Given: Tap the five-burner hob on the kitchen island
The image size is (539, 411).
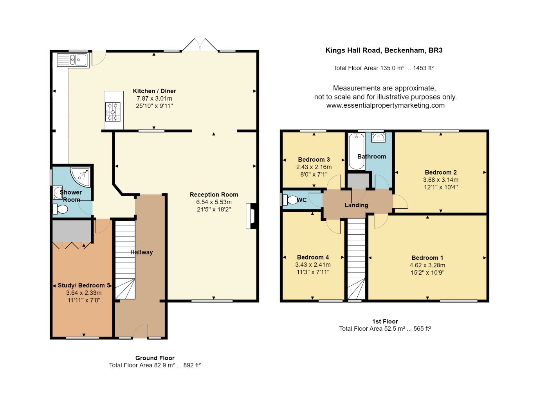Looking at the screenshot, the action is (113, 112).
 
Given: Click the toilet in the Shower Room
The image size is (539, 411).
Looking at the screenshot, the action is (60, 209).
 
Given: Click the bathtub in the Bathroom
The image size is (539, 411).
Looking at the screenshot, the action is (356, 151).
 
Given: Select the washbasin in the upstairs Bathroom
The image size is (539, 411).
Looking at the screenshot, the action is (379, 137).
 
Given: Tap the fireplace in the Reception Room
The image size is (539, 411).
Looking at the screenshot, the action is (251, 216).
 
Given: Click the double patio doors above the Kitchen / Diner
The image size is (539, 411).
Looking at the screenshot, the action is (200, 45).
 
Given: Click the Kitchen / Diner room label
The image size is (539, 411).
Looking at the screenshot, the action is (154, 91).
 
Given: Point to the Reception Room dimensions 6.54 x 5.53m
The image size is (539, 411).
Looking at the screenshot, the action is (214, 202).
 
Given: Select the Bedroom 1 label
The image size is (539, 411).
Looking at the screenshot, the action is (427, 258).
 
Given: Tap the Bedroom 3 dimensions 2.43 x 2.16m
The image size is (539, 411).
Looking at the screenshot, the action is (314, 167).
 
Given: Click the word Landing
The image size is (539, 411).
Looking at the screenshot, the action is (356, 205).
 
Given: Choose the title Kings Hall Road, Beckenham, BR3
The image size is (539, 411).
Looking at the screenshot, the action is (384, 50).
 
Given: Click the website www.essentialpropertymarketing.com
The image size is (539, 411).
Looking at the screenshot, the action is (385, 105).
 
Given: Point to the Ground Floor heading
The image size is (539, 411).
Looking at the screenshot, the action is (155, 358).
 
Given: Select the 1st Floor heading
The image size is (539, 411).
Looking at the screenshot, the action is (385, 321).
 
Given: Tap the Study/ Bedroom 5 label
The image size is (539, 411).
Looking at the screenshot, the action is (84, 285).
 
